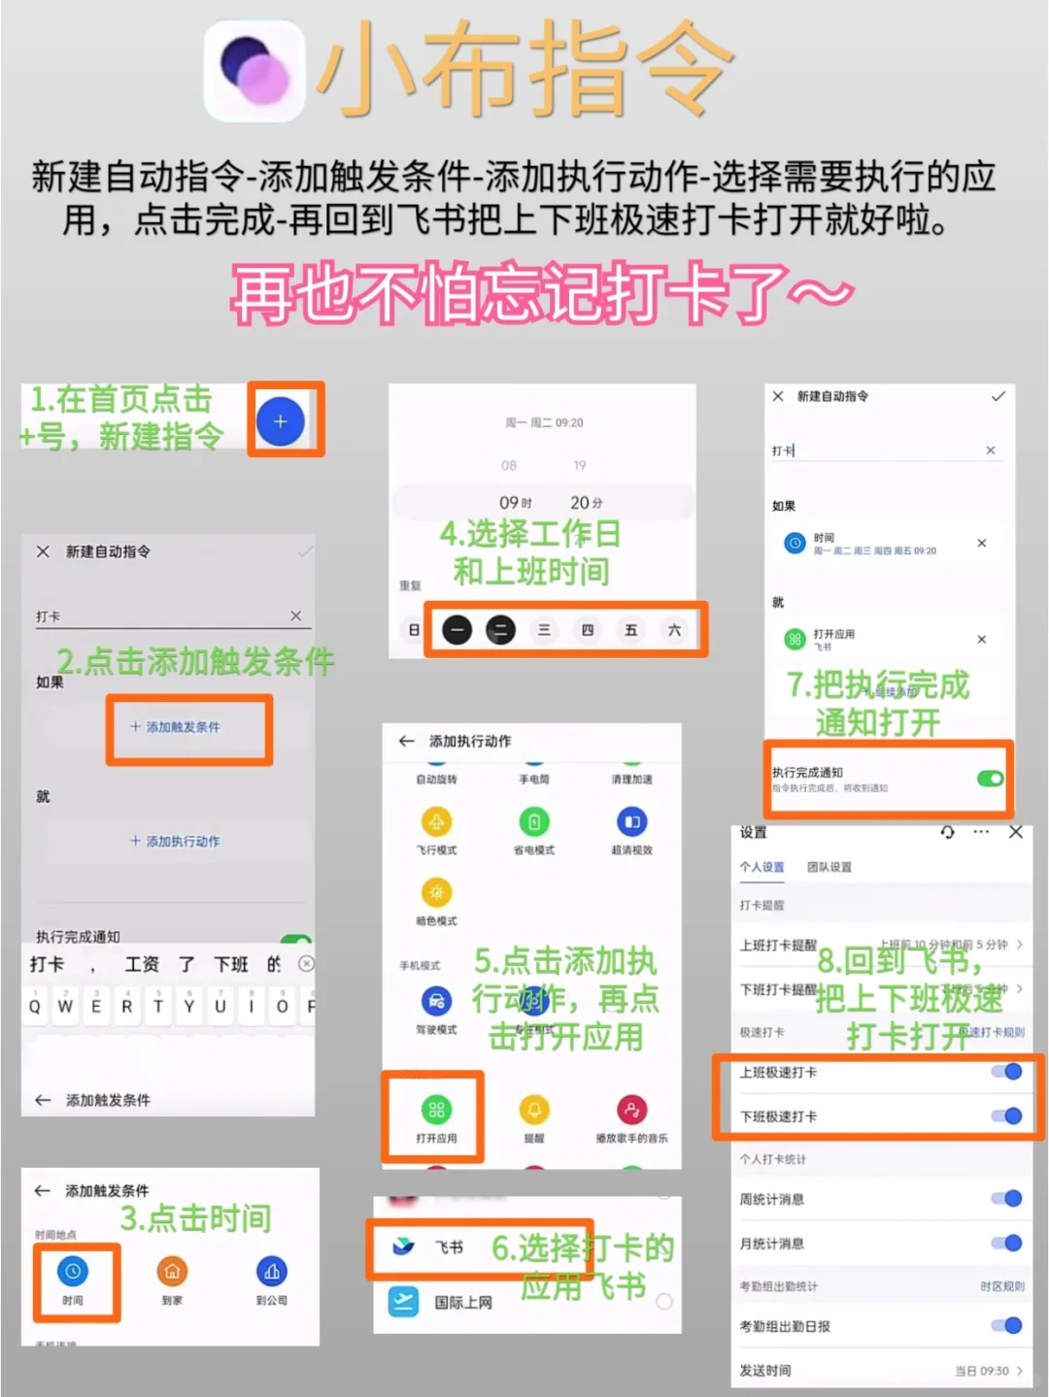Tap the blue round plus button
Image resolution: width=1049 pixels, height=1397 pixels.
click(281, 422)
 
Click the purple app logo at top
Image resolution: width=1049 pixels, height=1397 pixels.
click(255, 71)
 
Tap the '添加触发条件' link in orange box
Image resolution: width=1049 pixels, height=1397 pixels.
click(175, 727)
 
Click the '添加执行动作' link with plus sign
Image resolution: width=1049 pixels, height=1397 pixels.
click(175, 842)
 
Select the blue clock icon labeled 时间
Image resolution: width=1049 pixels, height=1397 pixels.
click(73, 1271)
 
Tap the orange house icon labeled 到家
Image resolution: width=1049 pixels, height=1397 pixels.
click(172, 1271)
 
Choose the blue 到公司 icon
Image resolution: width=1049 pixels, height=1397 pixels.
click(271, 1271)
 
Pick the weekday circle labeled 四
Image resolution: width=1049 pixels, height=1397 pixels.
click(588, 630)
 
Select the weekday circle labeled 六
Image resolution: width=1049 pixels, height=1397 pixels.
click(674, 630)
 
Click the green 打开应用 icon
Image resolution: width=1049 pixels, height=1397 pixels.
click(436, 1110)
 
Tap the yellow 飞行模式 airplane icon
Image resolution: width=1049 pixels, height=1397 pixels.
click(436, 822)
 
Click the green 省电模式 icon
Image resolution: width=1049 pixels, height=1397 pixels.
click(533, 822)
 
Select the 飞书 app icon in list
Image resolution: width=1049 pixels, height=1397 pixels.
click(403, 1247)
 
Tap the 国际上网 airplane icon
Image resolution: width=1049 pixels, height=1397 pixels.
click(403, 1301)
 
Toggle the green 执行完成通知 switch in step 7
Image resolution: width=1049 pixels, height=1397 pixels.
click(990, 779)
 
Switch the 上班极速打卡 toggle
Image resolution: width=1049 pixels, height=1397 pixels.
click(1007, 1072)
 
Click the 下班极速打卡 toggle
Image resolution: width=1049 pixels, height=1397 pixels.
click(1007, 1115)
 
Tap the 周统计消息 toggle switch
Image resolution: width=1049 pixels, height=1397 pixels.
click(1007, 1199)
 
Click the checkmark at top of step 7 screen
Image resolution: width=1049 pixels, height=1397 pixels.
click(998, 396)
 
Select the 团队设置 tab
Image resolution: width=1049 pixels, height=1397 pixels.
click(829, 867)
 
